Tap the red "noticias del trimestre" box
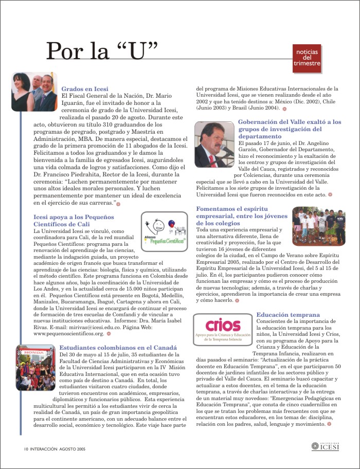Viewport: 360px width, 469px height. pyautogui.click(x=307, y=58)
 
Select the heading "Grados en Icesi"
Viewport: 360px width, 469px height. pyautogui.click(x=85, y=89)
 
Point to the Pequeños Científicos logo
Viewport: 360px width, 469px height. pyautogui.click(x=163, y=225)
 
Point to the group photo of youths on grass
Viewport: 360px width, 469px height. pyautogui.click(x=318, y=226)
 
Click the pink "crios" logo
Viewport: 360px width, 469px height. pyautogui.click(x=223, y=329)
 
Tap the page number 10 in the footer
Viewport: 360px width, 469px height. pyautogui.click(x=25, y=448)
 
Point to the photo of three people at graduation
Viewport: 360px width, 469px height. pyautogui.click(x=34, y=91)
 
